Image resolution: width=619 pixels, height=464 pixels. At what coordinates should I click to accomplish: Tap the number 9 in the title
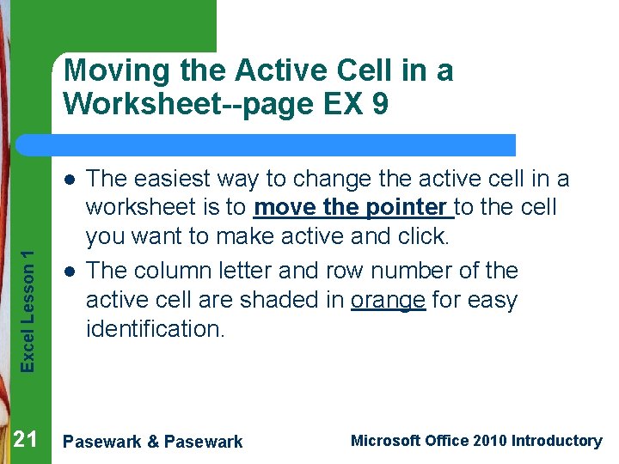379,104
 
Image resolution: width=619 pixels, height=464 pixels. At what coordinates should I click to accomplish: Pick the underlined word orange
389,300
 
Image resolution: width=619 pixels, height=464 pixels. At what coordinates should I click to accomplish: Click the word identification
155,328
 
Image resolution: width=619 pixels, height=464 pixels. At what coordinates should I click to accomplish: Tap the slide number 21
25,441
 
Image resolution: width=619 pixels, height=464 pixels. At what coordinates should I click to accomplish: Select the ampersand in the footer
152,442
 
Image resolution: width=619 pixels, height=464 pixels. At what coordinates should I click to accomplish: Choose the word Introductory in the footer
556,441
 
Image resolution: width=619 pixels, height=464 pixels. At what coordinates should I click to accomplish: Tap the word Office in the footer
447,441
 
